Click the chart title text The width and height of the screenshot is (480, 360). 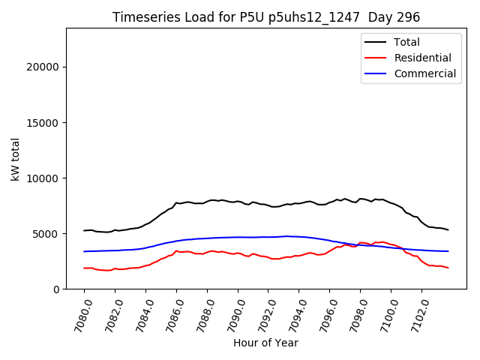coord(265,17)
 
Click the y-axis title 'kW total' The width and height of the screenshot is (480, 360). coord(15,158)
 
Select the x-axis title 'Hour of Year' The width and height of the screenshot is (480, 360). coord(265,343)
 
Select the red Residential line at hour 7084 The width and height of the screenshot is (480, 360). coord(145,265)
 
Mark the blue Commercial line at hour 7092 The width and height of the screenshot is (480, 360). coord(268,237)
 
